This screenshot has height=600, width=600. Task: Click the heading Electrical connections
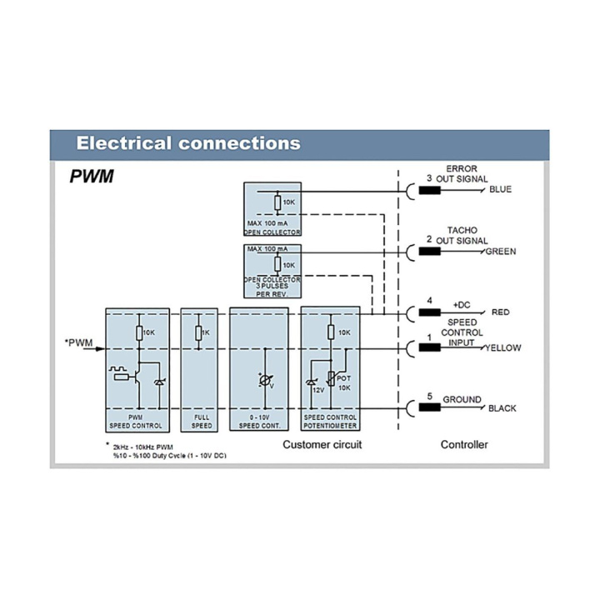(x=188, y=142)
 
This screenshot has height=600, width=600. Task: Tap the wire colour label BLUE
(x=500, y=189)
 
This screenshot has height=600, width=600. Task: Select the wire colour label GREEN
(x=502, y=250)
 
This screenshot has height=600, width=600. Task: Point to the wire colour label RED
(x=500, y=312)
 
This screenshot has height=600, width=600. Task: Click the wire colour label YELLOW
(x=502, y=347)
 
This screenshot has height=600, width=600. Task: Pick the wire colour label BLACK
(x=502, y=408)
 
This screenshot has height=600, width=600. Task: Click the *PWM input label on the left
(x=78, y=342)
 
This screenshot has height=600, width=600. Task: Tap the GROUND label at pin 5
(x=462, y=399)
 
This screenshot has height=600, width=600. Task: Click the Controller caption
(x=464, y=444)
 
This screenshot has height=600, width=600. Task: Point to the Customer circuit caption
(x=322, y=444)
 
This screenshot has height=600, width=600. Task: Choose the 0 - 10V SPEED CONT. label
(x=258, y=421)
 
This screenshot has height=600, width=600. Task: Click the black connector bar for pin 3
(x=429, y=189)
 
